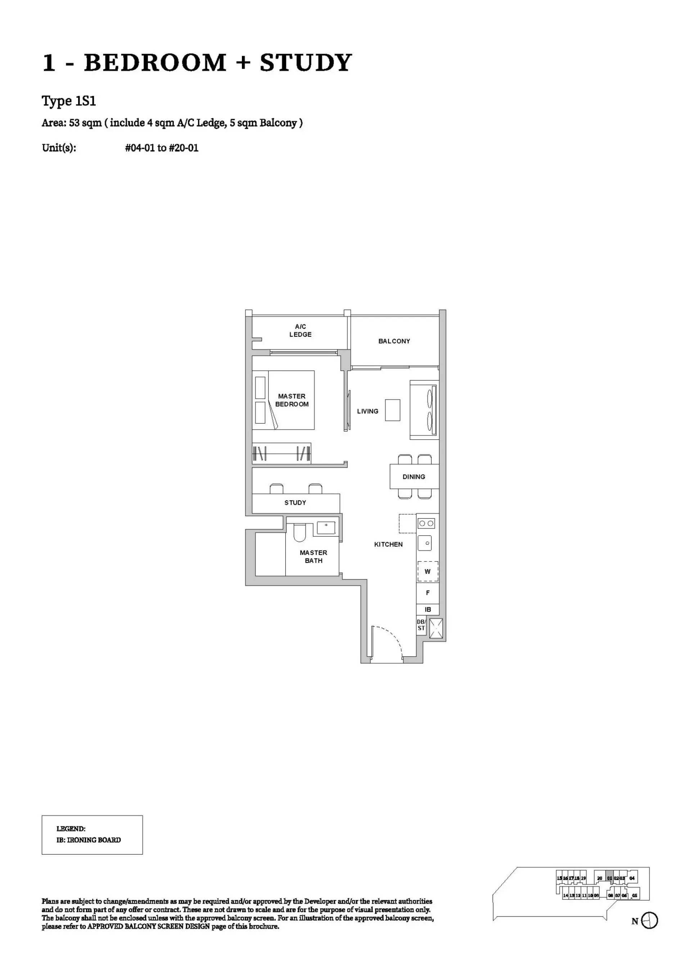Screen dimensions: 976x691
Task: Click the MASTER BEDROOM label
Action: point(292,400)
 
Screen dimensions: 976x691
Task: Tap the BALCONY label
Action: point(394,341)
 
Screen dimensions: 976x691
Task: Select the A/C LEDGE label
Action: point(301,330)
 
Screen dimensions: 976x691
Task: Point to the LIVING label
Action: point(367,411)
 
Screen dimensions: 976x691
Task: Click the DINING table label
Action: point(414,477)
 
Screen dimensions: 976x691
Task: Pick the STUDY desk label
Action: point(295,503)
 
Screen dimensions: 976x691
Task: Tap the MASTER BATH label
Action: point(313,556)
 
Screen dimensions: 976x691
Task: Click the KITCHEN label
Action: point(388,544)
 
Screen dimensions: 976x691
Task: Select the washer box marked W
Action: point(428,571)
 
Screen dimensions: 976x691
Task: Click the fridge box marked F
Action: point(428,592)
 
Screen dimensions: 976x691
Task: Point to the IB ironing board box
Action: point(428,610)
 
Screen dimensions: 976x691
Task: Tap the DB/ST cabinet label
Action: point(421,625)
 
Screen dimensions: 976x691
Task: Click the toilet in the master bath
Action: point(299,533)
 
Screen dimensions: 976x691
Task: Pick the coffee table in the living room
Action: point(392,410)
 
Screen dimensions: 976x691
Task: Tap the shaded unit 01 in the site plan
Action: point(609,878)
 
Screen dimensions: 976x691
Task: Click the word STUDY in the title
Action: point(306,63)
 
